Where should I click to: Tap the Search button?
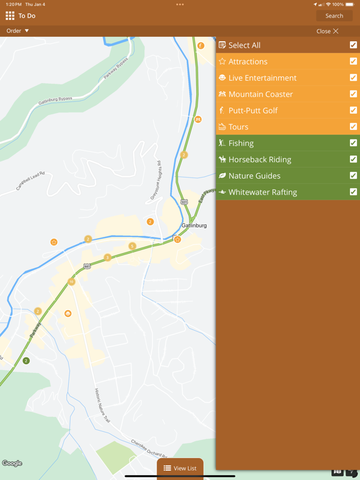[x=334, y=16]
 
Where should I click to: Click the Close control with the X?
[x=327, y=31]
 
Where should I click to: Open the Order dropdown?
[x=17, y=31]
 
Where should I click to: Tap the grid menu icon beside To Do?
[x=10, y=16]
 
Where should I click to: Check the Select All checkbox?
[x=353, y=45]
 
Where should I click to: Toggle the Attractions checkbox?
[x=353, y=61]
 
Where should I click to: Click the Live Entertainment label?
[x=262, y=78]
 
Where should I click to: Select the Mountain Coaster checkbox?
[x=353, y=94]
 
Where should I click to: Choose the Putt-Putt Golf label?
[x=252, y=111]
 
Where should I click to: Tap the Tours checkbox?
[x=353, y=127]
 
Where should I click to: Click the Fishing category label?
[x=241, y=143]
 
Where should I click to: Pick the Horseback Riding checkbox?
[x=353, y=159]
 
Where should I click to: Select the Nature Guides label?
[x=254, y=176]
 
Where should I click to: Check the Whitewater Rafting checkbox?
[x=353, y=192]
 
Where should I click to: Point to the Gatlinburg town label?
[x=194, y=225]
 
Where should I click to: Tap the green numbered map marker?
[x=26, y=361]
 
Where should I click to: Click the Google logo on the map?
[x=12, y=463]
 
